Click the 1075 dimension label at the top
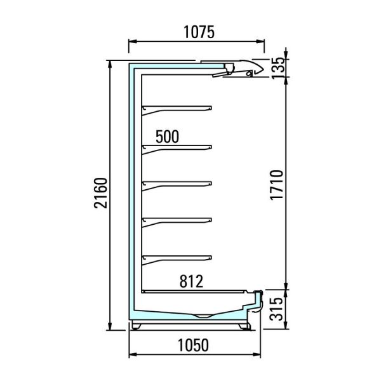click(199, 32)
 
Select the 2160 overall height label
click(100, 193)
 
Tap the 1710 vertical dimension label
click(276, 185)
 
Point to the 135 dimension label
click(277, 68)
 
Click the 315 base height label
click(277, 309)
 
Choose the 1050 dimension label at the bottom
click(193, 345)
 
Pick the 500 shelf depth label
click(167, 137)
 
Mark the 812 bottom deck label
click(191, 281)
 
